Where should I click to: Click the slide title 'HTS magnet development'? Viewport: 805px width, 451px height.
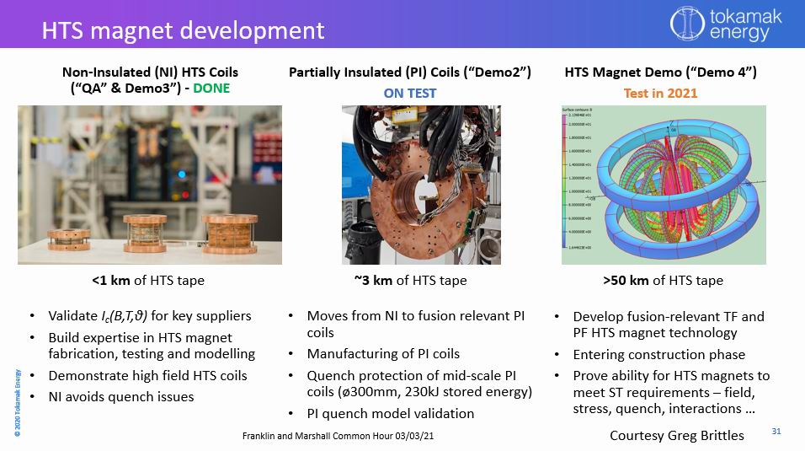184,30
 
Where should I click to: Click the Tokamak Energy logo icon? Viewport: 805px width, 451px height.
686,24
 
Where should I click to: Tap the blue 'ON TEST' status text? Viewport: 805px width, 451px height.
410,93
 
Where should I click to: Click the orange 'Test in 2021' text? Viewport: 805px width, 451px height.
660,93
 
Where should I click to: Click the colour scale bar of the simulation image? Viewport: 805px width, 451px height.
568,181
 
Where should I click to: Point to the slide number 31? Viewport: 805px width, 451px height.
776,432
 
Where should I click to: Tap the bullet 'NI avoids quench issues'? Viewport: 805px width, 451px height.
121,396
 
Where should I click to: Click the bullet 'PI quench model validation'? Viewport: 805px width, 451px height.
391,413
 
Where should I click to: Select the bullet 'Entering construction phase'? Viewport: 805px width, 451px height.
658,354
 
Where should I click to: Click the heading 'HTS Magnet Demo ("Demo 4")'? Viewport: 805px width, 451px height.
660,72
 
